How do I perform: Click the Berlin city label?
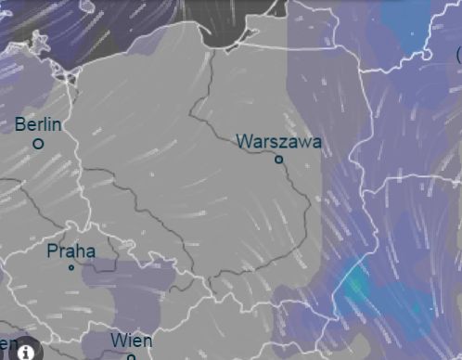click(39, 124)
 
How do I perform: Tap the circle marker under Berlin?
click(38, 144)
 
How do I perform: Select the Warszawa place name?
click(279, 142)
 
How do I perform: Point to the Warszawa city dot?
click(278, 159)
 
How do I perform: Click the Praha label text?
click(71, 251)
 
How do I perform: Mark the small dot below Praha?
click(71, 267)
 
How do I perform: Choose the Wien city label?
click(131, 341)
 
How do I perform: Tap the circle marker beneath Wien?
click(131, 356)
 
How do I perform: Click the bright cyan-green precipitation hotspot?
click(353, 283)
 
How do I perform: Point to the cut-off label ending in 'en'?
click(8, 344)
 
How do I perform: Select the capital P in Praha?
click(53, 251)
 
